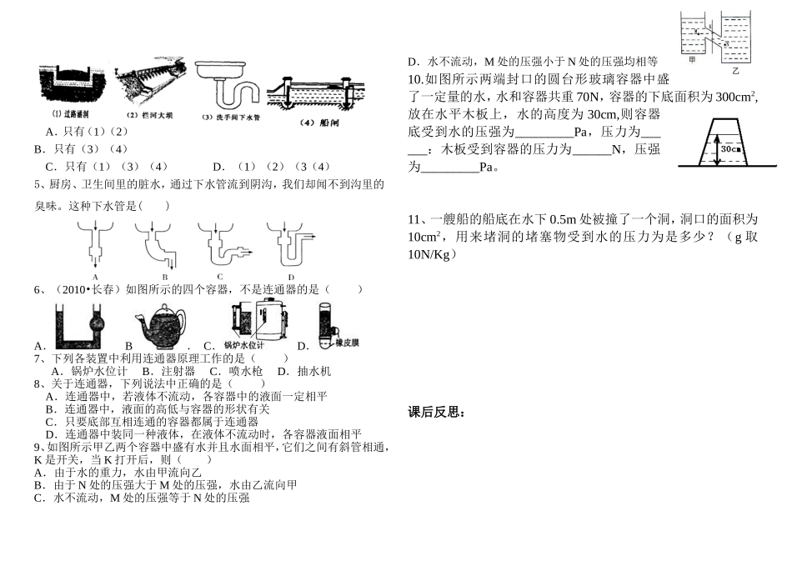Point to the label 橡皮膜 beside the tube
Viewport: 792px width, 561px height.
[347, 343]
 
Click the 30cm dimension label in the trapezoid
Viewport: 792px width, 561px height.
[732, 148]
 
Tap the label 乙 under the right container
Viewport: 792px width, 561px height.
[735, 73]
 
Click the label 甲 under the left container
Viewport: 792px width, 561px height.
[690, 62]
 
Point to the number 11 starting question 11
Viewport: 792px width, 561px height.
[414, 219]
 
